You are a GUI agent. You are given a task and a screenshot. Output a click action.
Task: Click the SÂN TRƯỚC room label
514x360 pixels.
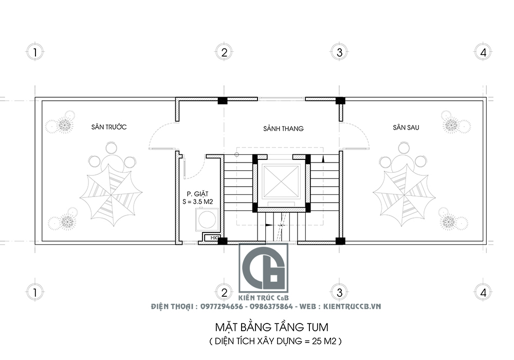point(109,127)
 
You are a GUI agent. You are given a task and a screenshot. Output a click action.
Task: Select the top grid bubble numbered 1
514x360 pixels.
point(34,52)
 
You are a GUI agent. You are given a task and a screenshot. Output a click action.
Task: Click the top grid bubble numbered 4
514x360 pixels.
point(482,52)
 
